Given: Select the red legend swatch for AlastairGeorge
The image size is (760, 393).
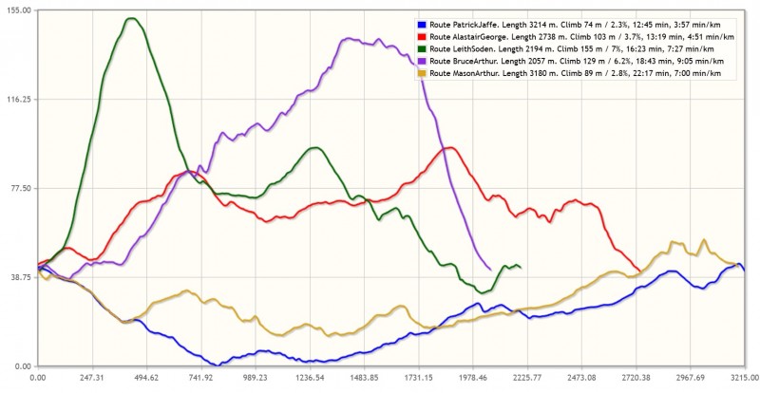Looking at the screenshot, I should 421,36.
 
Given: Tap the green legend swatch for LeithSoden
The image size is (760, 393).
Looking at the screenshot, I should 421,48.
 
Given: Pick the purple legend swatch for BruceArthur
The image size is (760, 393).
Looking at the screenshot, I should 421,60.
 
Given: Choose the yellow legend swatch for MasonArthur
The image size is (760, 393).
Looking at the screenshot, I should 421,72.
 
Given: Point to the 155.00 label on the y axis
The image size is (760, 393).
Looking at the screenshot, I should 19,9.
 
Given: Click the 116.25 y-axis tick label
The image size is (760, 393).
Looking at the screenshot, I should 19,99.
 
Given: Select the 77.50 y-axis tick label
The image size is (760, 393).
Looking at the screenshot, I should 21,188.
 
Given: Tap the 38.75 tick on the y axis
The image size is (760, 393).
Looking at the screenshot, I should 21,277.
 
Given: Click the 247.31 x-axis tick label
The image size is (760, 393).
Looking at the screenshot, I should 92,377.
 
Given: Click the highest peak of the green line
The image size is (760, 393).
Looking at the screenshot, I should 131,18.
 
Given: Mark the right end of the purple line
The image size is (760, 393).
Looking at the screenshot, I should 490,270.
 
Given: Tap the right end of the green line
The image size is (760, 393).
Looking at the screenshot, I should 520,267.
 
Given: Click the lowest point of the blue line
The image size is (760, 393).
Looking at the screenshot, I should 219,364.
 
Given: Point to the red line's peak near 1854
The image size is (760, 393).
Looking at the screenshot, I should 451,147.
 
